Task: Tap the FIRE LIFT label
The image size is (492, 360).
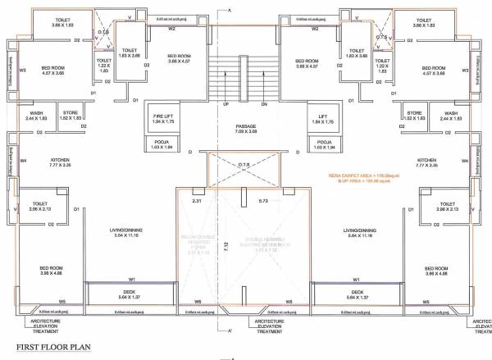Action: pos(162,116)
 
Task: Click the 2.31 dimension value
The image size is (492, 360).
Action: pos(197,201)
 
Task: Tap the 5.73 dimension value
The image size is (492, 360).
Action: pos(262,201)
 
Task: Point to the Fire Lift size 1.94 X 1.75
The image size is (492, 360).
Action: pos(162,123)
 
